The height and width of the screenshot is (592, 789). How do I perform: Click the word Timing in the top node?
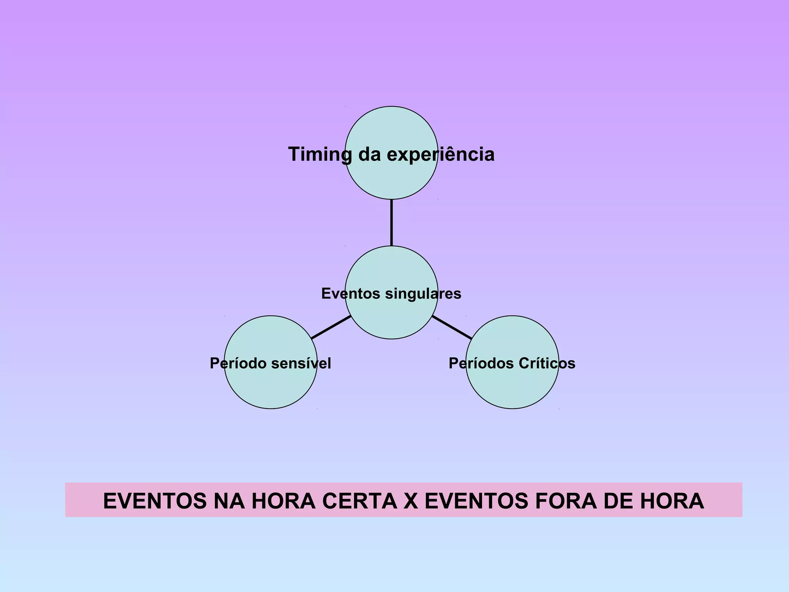pos(320,155)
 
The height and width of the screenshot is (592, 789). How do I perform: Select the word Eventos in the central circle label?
pos(351,294)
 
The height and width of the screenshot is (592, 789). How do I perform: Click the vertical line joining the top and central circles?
pos(391,223)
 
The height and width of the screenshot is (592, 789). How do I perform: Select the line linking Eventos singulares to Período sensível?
pos(331,328)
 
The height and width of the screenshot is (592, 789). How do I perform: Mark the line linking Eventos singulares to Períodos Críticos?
pos(452,328)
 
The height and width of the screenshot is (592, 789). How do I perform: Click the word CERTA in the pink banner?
pos(359,501)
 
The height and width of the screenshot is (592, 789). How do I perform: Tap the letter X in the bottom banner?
pos(411,501)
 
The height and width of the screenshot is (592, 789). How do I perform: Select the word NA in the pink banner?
pos(229,501)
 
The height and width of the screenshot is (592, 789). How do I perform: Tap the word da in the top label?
pos(369,155)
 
